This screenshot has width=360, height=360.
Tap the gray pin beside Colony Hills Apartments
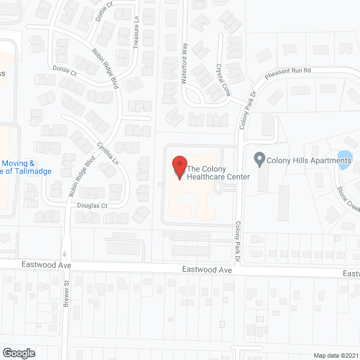click(x=259, y=160)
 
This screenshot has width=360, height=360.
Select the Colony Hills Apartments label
click(x=309, y=161)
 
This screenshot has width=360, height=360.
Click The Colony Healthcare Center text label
click(x=210, y=173)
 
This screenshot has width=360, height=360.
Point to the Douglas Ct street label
click(x=92, y=206)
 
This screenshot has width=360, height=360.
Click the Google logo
click(x=18, y=353)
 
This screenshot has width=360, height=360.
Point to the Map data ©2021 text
click(x=335, y=355)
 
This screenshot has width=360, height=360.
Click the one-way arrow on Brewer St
click(x=65, y=253)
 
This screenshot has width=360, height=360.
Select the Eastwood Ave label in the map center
click(x=207, y=270)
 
